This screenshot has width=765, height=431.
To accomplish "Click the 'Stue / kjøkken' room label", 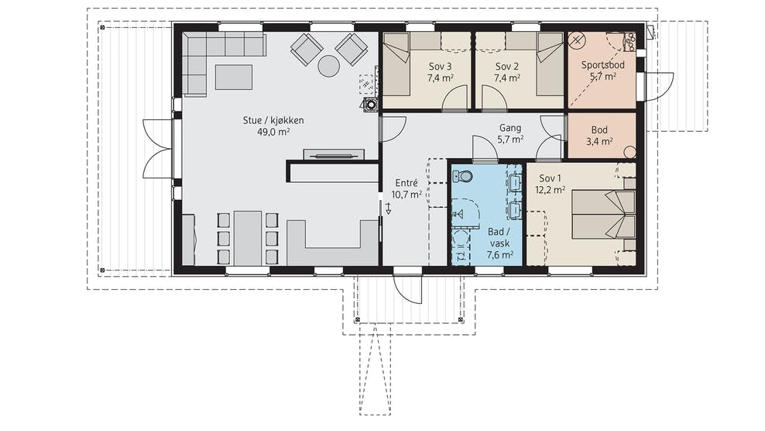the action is click(273, 120).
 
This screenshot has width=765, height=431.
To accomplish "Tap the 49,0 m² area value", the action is click(273, 132).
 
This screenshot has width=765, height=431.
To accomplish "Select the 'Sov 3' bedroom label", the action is click(440, 67).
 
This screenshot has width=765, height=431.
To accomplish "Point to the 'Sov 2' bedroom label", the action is click(507, 67).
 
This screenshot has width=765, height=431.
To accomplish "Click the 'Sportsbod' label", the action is click(602, 64).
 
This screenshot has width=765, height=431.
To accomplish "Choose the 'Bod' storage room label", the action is click(599, 130).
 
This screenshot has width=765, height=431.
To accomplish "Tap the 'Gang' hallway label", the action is click(509, 128).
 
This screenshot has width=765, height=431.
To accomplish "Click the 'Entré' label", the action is click(407, 183).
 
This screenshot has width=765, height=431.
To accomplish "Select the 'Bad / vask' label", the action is click(499, 237).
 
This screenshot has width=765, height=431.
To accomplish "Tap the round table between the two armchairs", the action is click(329, 66).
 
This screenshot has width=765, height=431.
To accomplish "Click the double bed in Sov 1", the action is click(604, 215).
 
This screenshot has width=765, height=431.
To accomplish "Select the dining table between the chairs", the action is click(248, 237).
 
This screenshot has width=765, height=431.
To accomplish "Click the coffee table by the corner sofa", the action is click(234, 78).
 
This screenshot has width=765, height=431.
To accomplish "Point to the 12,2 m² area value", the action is click(551, 190).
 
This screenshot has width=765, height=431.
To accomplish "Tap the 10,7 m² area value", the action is click(407, 195).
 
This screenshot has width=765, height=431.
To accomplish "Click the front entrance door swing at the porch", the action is click(407, 289).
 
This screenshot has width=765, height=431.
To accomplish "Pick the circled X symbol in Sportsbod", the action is click(578, 40).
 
